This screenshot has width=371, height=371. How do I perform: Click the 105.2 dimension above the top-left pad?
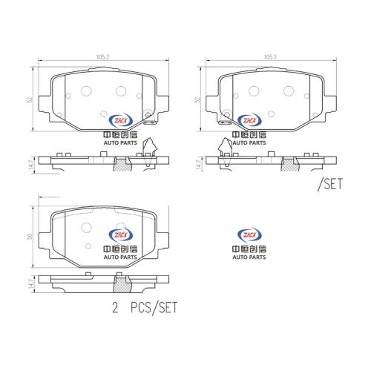(x=102, y=57)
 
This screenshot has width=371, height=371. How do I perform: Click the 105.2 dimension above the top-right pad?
(x=270, y=57)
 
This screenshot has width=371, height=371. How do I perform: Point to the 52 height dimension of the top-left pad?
(x=30, y=99)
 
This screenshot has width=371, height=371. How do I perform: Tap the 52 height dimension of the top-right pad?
(x=197, y=99)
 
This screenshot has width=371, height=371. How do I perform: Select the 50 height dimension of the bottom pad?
(x=30, y=236)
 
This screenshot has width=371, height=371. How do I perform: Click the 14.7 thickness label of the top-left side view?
(x=31, y=165)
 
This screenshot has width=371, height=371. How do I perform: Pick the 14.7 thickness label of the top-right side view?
(x=198, y=165)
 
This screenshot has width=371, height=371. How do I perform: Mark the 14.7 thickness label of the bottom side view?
(x=31, y=283)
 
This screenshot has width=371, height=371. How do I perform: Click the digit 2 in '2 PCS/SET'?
(x=115, y=308)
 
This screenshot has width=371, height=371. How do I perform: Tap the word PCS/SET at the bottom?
(x=154, y=308)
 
